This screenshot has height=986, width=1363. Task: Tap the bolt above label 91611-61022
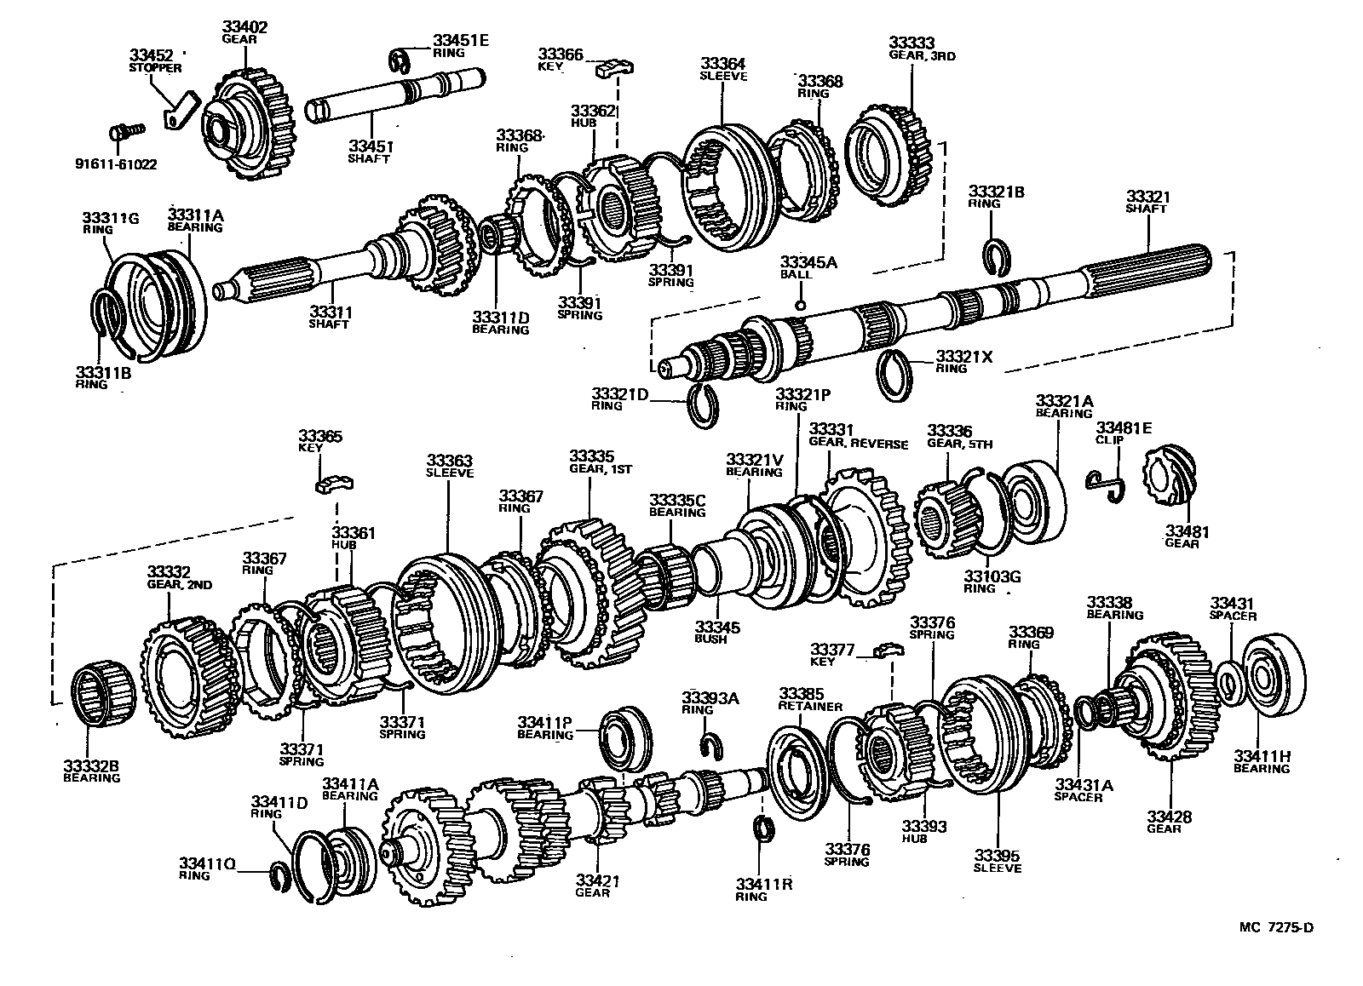[127, 132]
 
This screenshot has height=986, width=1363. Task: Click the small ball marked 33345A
[800, 304]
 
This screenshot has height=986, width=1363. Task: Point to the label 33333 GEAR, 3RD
[922, 49]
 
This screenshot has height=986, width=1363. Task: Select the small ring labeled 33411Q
[280, 874]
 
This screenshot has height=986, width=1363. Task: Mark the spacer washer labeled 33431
[1228, 684]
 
